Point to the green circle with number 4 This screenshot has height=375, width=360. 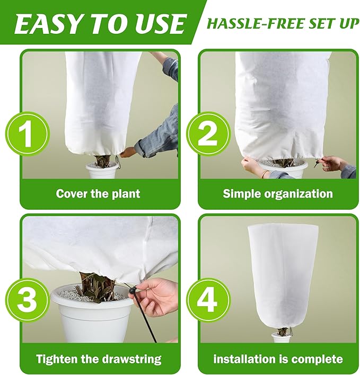pos(207,300)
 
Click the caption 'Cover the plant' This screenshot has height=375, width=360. pos(98,194)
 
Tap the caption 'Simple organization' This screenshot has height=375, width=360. pos(278,194)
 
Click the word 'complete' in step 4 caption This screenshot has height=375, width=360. pos(316,359)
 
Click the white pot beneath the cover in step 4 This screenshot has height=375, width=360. pos(281,337)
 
